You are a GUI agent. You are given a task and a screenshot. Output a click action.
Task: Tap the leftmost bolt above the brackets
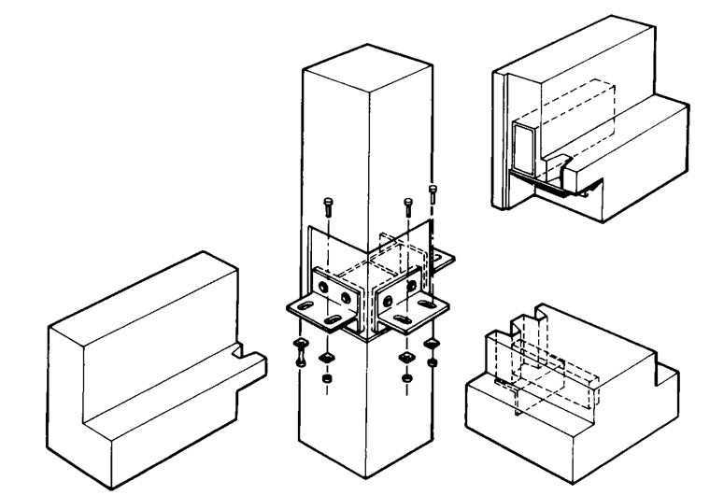click(325, 207)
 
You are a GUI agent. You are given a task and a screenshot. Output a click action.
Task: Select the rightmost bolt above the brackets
click(433, 197)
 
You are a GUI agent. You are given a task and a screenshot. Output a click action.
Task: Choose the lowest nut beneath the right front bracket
click(406, 379)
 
